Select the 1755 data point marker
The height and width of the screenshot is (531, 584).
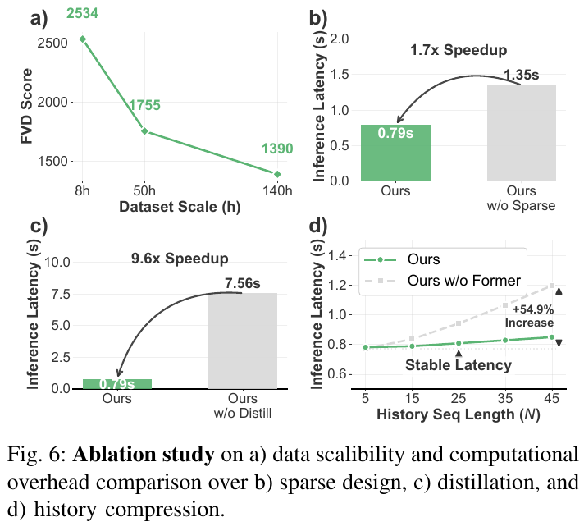tap(144, 130)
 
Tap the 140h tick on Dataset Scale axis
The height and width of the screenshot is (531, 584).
tap(278, 190)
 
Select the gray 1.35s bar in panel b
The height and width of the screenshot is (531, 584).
tap(521, 133)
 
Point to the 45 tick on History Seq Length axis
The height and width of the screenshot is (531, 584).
tap(553, 398)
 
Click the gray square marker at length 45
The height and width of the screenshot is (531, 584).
tap(553, 286)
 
